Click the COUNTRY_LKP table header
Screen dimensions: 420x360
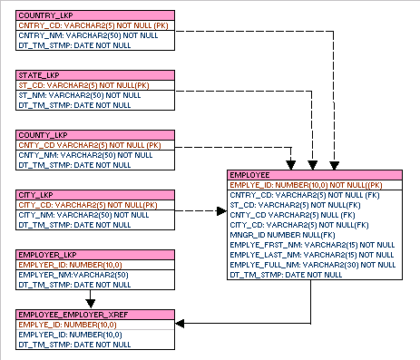click(x=95, y=15)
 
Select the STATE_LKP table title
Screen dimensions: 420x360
click(x=95, y=75)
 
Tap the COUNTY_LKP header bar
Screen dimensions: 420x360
click(x=95, y=135)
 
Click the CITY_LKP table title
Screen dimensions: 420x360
click(x=95, y=195)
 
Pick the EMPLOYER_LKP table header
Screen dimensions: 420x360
click(x=95, y=255)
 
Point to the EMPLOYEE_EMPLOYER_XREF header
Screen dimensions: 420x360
click(x=95, y=315)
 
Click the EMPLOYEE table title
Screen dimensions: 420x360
click(x=315, y=175)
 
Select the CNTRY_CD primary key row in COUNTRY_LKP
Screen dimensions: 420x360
click(x=93, y=25)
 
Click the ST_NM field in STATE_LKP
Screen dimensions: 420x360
click(x=80, y=95)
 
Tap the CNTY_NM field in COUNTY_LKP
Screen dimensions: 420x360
click(x=85, y=155)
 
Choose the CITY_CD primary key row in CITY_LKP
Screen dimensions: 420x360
click(x=88, y=205)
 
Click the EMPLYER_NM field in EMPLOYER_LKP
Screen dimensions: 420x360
click(x=73, y=275)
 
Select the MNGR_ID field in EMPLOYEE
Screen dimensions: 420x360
click(x=282, y=235)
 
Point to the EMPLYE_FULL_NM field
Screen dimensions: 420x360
click(x=313, y=265)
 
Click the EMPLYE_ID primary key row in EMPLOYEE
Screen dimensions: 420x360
click(x=306, y=185)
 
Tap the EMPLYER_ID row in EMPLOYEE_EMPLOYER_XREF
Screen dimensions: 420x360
click(x=70, y=335)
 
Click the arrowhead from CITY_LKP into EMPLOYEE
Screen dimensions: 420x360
click(x=221, y=211)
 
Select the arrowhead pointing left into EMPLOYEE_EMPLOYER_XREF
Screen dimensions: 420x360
click(x=180, y=324)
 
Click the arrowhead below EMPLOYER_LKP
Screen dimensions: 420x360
click(x=91, y=304)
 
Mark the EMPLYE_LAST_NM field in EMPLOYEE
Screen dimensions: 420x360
click(x=312, y=255)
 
